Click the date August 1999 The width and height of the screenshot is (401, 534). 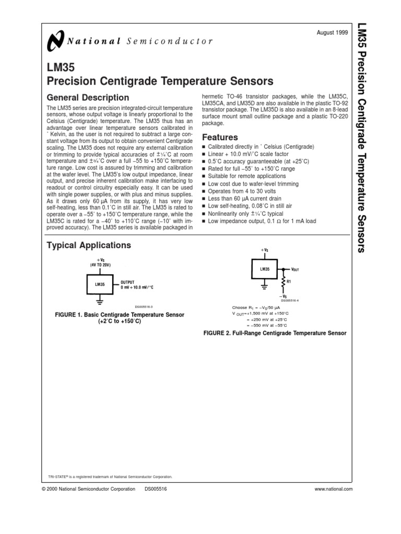(x=332, y=32)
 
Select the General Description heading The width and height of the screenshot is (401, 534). (x=88, y=98)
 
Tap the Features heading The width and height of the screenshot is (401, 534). (x=220, y=137)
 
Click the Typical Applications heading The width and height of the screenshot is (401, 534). (x=89, y=245)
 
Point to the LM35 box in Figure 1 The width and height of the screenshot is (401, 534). (x=99, y=285)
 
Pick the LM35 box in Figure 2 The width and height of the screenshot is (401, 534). (x=265, y=270)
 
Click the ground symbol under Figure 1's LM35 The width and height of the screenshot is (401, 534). (x=99, y=300)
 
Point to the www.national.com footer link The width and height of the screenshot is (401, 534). (x=334, y=489)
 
